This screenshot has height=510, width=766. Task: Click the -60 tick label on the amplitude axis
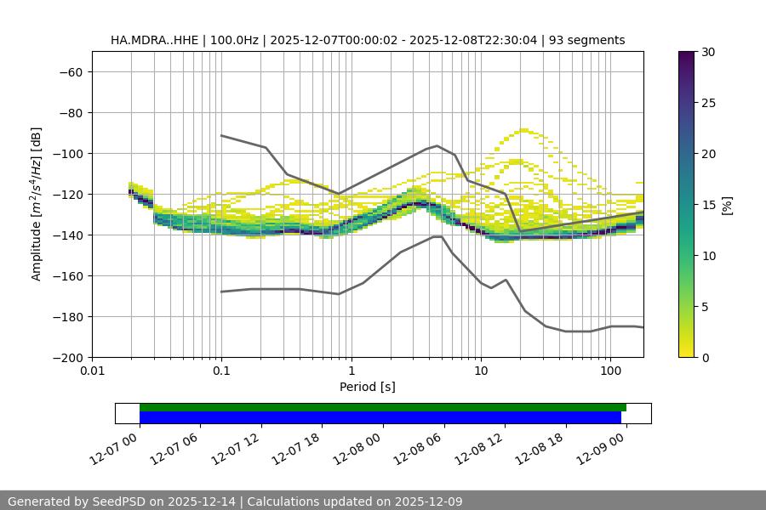[x=70, y=71]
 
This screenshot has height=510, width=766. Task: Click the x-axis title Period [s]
[x=367, y=387]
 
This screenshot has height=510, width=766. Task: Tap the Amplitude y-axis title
[x=37, y=204]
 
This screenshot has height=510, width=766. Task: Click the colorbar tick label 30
[x=707, y=52]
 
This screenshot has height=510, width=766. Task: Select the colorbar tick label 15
[x=707, y=205]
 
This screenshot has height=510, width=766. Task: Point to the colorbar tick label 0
[x=704, y=357]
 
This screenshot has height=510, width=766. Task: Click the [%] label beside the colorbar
[x=727, y=205]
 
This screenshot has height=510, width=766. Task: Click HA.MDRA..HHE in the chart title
[x=151, y=40]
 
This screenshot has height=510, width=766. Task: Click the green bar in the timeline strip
[x=383, y=407]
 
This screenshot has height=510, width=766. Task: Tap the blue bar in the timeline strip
[x=380, y=417]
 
